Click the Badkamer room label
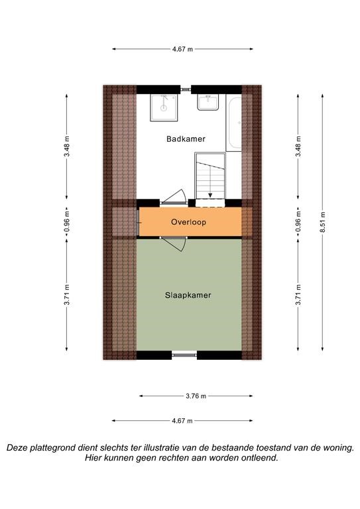186,139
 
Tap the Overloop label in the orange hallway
188,222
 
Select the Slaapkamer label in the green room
188,296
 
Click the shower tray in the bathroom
164,108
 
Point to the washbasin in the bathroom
208,102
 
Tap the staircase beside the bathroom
210,176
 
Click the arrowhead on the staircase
210,195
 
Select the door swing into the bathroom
174,197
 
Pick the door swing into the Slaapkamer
174,244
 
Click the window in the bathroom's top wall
186,89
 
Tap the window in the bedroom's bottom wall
184,355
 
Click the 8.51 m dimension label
322,223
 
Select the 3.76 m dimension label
196,396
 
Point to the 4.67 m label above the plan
182,49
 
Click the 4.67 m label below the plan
182,421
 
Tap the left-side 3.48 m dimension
66,146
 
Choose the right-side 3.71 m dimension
298,295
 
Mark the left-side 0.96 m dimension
66,223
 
